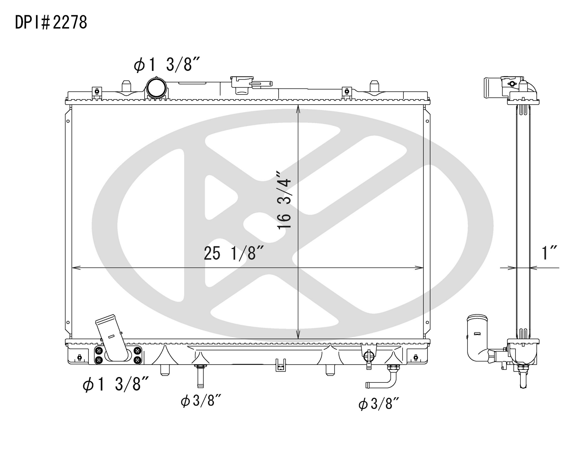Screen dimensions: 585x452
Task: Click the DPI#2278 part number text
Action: pos(51,22)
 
